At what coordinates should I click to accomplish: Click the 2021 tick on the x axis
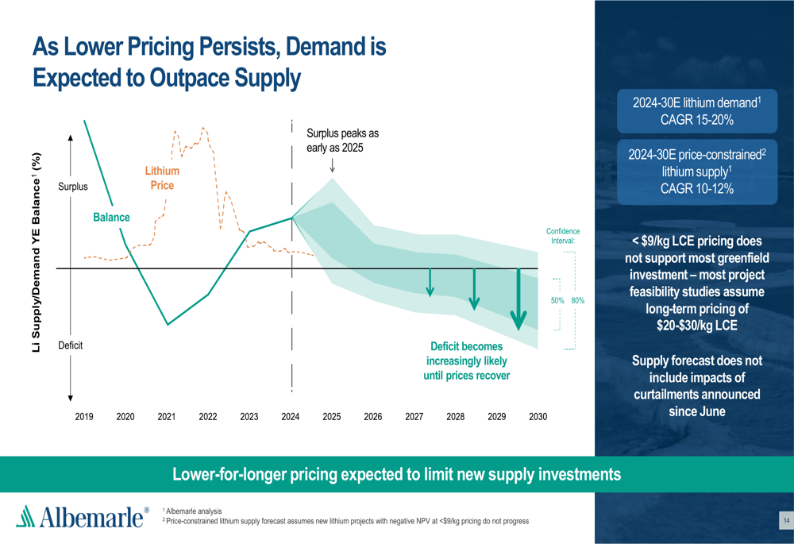tap(167, 416)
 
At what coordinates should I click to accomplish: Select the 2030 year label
tap(538, 416)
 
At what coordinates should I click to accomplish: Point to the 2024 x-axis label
tap(291, 416)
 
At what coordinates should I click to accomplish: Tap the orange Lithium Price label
tap(162, 178)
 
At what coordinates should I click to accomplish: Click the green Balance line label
tap(111, 217)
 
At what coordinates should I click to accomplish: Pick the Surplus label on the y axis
tap(73, 187)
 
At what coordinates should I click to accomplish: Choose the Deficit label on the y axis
tap(71, 345)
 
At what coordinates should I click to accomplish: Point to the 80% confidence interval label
tap(577, 301)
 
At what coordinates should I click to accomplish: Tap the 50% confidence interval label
tap(557, 301)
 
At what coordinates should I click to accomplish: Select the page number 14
tap(785, 520)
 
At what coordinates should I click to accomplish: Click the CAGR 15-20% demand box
tap(696, 111)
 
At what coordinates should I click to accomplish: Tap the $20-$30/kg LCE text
tap(696, 326)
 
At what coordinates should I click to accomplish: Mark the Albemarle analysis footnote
tap(193, 511)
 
